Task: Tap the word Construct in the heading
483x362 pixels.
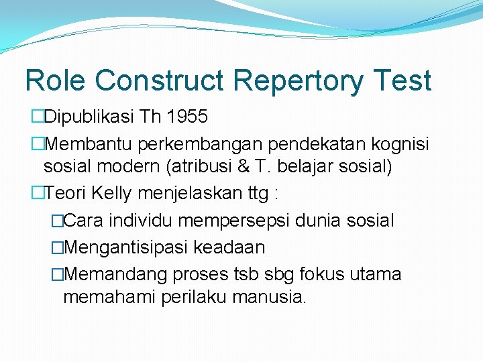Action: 160,80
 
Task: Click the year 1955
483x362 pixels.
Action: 187,117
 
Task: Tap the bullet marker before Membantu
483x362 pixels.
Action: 37,144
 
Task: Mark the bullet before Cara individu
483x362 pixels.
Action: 57,221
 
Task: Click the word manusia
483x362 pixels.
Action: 269,298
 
